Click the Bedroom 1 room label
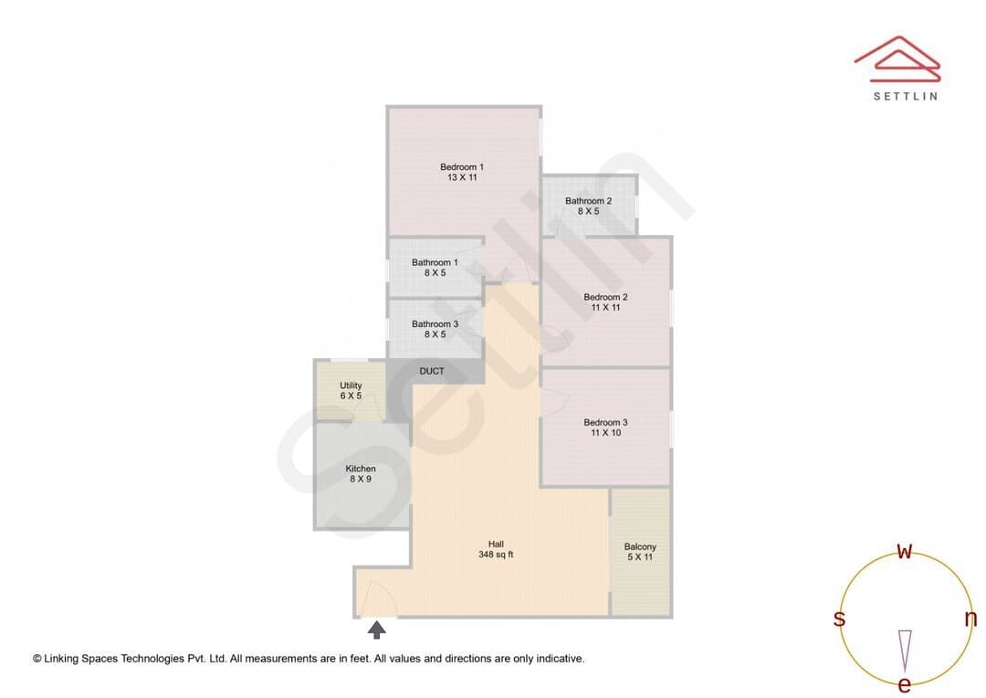coord(462,167)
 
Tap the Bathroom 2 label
coord(588,201)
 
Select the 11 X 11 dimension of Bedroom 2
coord(605,307)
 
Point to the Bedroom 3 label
coord(605,422)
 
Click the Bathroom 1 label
coord(435,262)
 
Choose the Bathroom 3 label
coord(435,324)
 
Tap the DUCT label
coord(432,371)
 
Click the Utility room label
coord(351,386)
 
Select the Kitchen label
coord(361,469)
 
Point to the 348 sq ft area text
coord(496,555)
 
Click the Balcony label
coord(640,547)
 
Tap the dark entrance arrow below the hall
coord(377,629)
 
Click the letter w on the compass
coord(904,551)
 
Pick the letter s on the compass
coord(839,619)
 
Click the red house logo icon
coord(897,58)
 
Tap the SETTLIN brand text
coord(906,96)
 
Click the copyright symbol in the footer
coord(37,659)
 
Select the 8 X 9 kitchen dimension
coord(361,479)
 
